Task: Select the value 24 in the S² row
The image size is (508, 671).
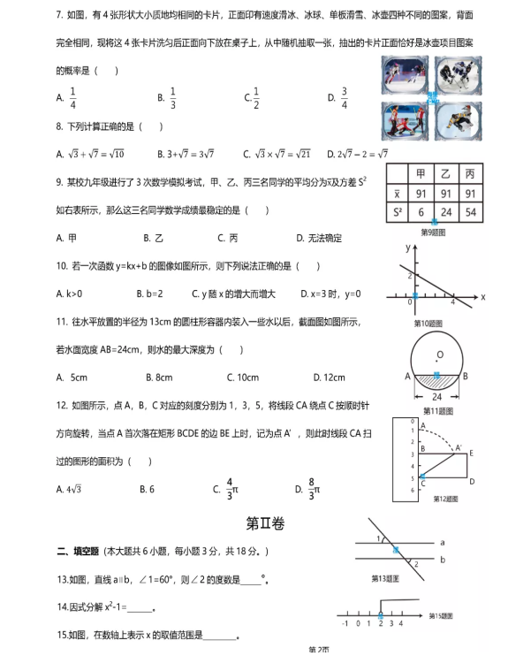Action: pos(445,213)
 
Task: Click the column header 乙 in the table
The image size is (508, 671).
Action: pos(445,174)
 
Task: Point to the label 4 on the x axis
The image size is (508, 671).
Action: pos(452,302)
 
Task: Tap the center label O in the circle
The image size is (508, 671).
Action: pos(439,355)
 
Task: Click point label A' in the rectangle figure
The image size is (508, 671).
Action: pos(459,447)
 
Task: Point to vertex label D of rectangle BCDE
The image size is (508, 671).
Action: pos(473,482)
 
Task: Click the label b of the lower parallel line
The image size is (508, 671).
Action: pos(442,560)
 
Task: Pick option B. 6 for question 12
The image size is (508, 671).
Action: pos(148,489)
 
